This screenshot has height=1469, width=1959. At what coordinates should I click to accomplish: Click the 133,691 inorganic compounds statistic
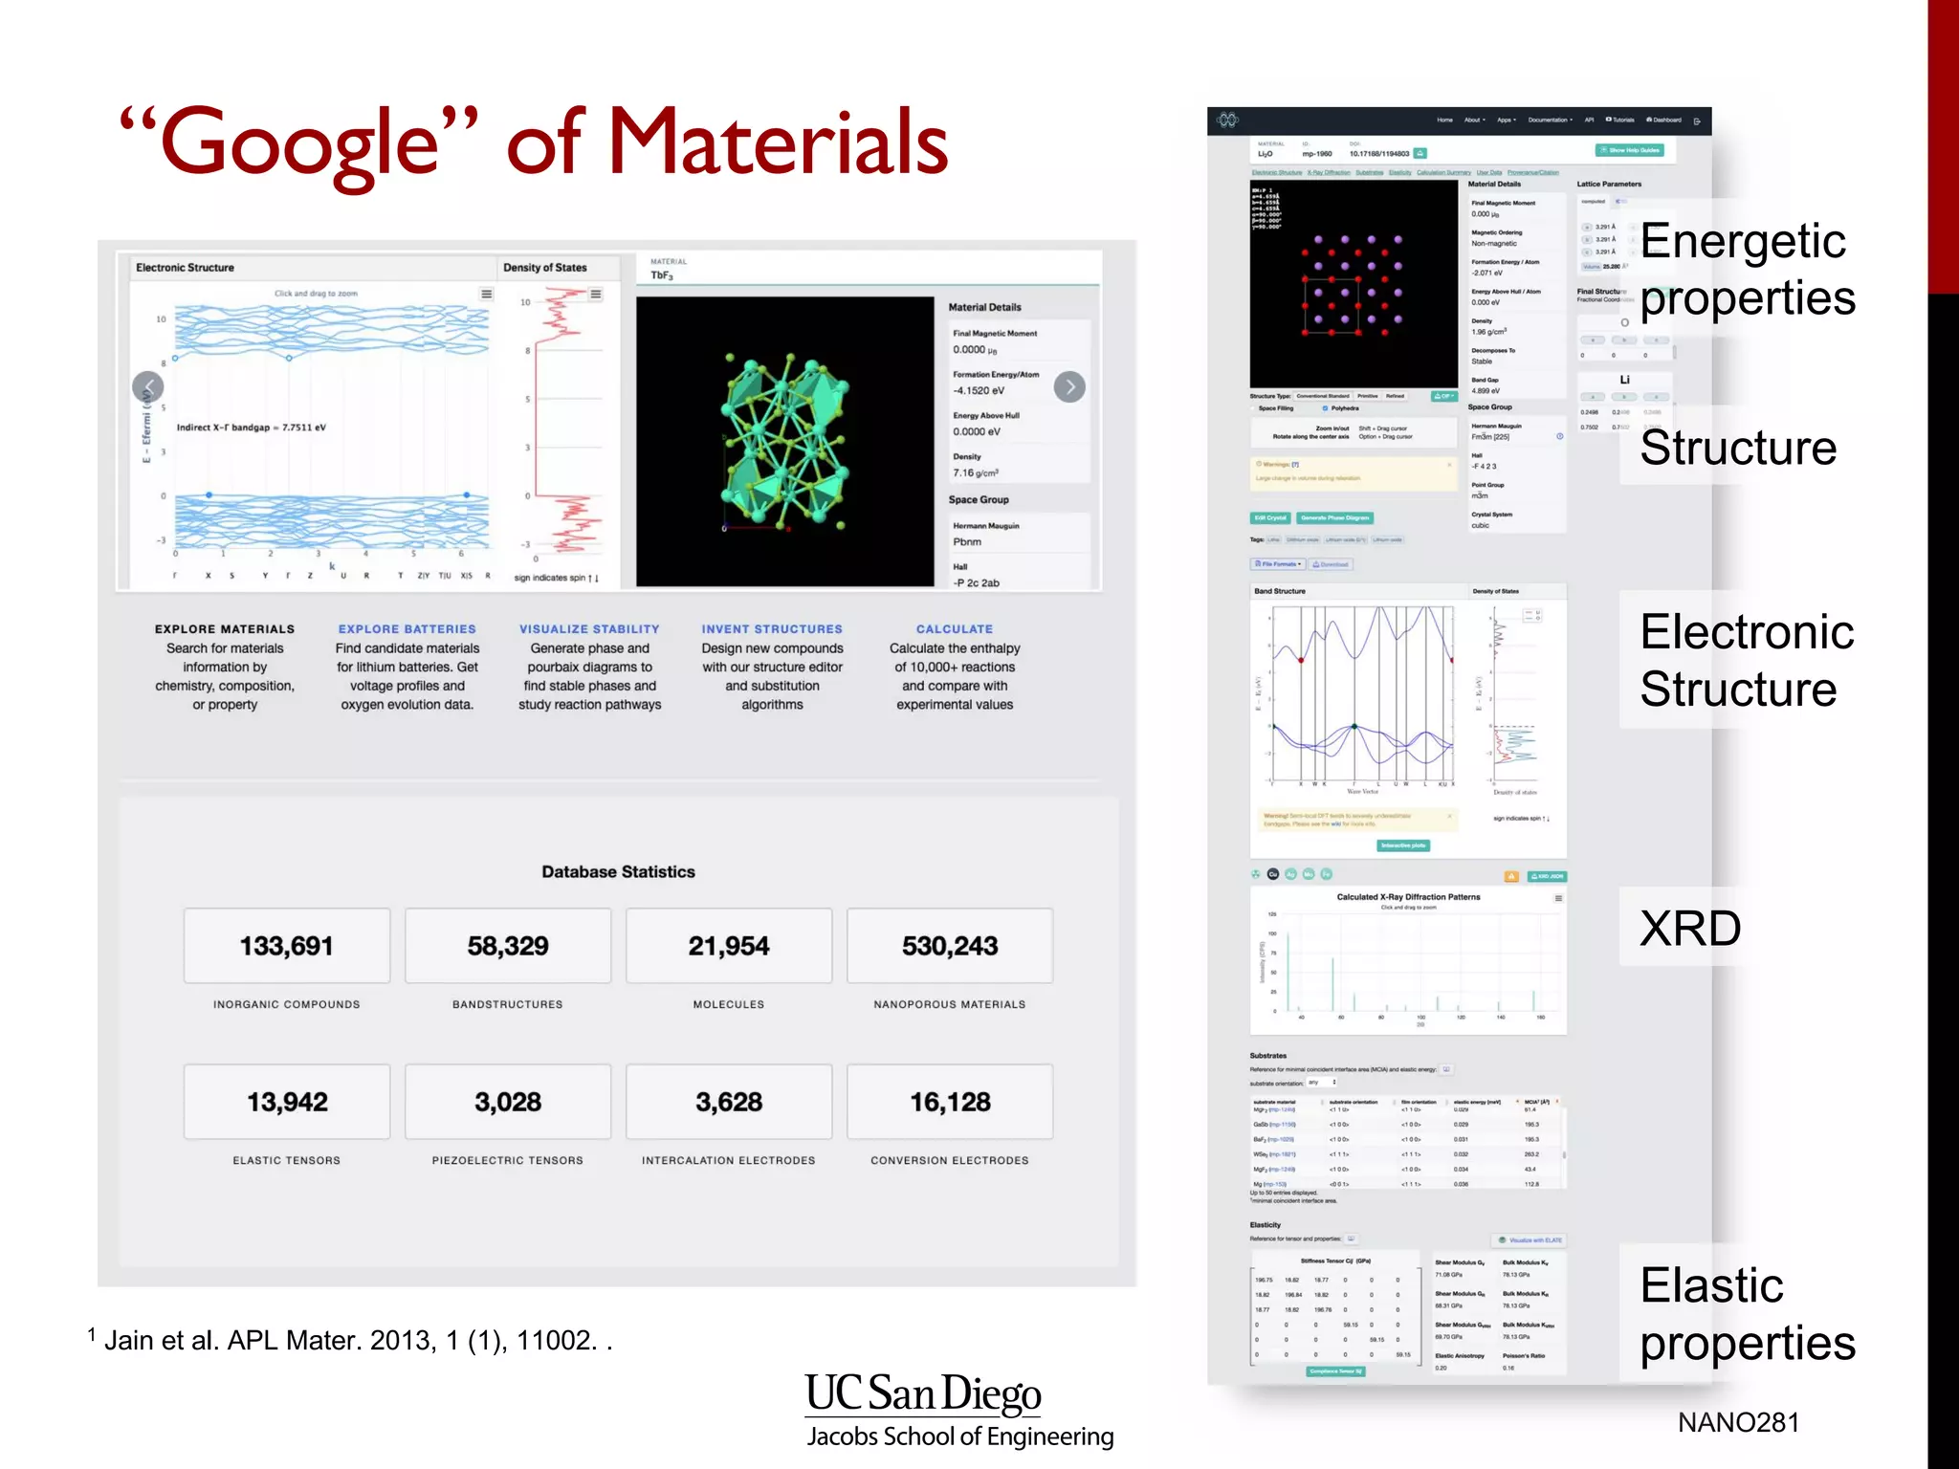coord(287,946)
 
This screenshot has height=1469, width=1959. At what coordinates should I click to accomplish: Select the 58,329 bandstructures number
coord(508,946)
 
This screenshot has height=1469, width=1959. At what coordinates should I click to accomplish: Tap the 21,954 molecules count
coord(729,946)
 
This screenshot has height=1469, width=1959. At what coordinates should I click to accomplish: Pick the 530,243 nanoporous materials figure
coord(950,946)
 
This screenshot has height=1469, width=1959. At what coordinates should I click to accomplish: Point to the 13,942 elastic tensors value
coord(287,1102)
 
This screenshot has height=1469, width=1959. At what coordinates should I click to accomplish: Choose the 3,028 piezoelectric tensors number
coord(508,1102)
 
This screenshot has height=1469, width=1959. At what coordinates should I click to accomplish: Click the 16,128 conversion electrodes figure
coord(950,1102)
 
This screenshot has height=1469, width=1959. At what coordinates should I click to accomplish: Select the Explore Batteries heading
coord(407,629)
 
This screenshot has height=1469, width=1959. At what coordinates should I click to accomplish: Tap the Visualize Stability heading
coord(589,629)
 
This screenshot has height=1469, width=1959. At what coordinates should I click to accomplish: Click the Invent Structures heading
coord(772,629)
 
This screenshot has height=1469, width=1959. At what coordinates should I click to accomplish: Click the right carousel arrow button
coord(1069,386)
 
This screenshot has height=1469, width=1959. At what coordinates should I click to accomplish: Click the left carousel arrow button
coord(148,386)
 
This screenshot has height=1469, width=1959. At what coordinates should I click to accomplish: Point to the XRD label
coord(1690,929)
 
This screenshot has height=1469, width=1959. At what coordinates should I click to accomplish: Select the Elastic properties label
coord(1747,1314)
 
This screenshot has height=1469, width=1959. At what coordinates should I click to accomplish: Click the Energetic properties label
coord(1747,269)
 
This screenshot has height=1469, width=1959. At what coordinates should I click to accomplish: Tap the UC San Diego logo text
coord(923,1394)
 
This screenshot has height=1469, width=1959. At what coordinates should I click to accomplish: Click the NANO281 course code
coord(1738,1422)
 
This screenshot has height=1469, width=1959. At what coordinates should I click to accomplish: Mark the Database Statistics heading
coord(618,872)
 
